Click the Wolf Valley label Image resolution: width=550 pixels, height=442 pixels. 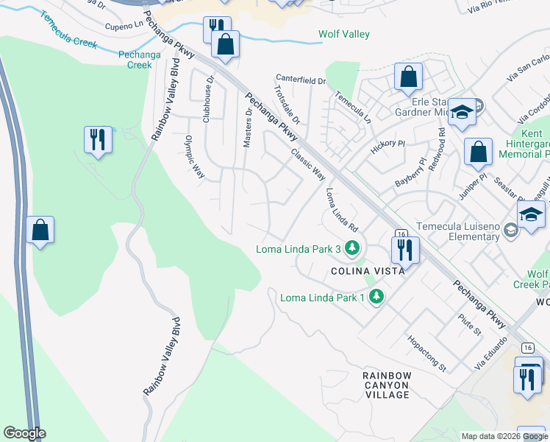coord(343,35)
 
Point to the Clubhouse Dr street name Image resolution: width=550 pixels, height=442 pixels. coord(210,99)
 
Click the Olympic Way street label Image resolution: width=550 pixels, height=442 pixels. coord(194,157)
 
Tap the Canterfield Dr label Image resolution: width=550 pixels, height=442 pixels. coord(300,78)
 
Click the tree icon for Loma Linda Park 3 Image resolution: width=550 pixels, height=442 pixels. coord(353,248)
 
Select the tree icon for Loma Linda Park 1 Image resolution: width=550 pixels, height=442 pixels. coord(376,297)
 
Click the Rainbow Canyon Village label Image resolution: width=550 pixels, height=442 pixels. coord(387,385)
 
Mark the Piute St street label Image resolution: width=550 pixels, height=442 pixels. coord(468,325)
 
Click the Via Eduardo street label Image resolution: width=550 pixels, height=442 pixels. coord(491,353)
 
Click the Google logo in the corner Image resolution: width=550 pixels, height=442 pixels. coord(24,433)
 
